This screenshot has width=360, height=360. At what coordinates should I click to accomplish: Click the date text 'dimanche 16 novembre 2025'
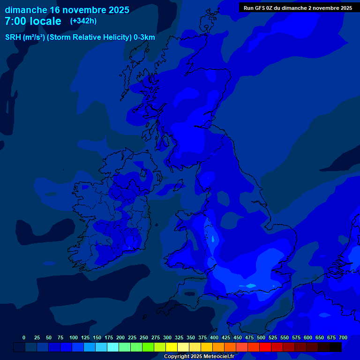pos(67,10)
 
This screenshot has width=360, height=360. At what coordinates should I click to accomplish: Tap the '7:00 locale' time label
pos(33,21)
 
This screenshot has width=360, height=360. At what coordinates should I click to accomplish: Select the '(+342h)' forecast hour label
pos(83,21)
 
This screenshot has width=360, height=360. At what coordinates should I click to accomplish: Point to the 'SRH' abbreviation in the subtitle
pos(13,37)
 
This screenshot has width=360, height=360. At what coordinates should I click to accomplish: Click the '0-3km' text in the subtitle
pos(144,37)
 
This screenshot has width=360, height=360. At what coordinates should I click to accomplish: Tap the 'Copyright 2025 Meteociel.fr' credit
pos(199,357)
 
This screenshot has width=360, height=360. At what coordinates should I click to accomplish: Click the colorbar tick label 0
pos(24,338)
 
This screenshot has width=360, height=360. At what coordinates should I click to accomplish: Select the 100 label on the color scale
pos(74,338)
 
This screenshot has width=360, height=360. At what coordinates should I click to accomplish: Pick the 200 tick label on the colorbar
pos(120,338)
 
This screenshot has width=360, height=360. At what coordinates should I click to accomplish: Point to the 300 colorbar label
pos(167,338)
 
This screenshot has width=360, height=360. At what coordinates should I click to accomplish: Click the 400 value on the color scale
pos(214,338)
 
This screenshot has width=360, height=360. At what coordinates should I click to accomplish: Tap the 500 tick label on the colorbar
pos(261,338)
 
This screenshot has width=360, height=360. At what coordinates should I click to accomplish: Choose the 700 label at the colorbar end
pos(343,338)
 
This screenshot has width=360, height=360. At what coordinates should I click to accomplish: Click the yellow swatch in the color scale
pos(172,347)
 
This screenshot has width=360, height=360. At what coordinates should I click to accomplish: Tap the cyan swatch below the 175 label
pos(113,347)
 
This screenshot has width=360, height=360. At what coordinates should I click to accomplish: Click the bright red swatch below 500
pos(265,347)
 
